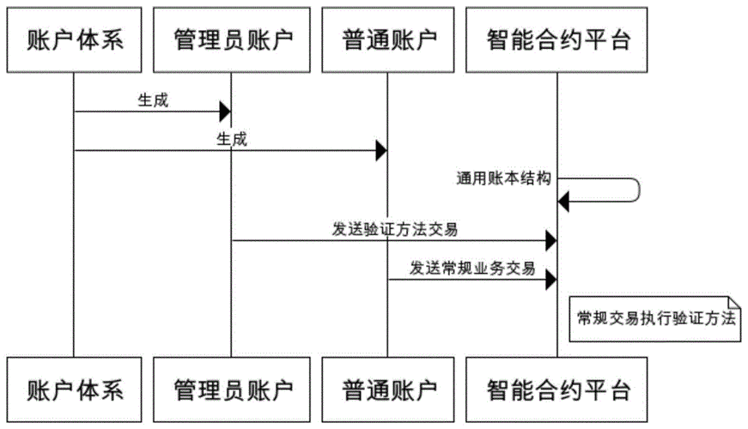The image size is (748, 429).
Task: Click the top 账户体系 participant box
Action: point(74,38)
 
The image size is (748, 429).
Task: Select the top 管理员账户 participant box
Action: point(232,38)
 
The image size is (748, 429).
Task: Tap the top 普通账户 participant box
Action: point(387,38)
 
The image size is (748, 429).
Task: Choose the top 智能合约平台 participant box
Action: point(556,38)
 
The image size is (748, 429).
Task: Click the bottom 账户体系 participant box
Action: point(74,390)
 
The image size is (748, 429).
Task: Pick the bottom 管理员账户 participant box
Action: point(232,390)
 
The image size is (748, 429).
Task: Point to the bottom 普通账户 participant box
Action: point(387,390)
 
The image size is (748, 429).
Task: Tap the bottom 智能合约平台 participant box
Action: point(556,390)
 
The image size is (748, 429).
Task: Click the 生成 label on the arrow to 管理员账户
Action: point(153,100)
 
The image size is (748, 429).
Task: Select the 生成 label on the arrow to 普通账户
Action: point(231,139)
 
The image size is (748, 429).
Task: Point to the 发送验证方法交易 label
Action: point(394,229)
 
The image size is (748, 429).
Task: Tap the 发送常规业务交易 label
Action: point(472,268)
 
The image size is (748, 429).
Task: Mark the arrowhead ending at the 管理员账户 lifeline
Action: point(226,111)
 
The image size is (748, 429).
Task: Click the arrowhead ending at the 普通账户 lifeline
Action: point(381,151)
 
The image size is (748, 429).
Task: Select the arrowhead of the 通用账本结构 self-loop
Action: point(563,202)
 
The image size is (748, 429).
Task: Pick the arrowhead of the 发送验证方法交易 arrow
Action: point(550,241)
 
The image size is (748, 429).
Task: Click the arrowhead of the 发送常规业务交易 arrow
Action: point(550,279)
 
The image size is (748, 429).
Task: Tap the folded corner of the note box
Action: point(733,299)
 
